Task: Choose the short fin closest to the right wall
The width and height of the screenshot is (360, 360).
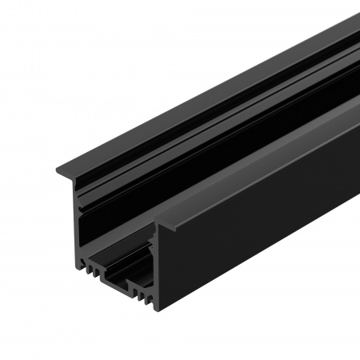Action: (x=149, y=297)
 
